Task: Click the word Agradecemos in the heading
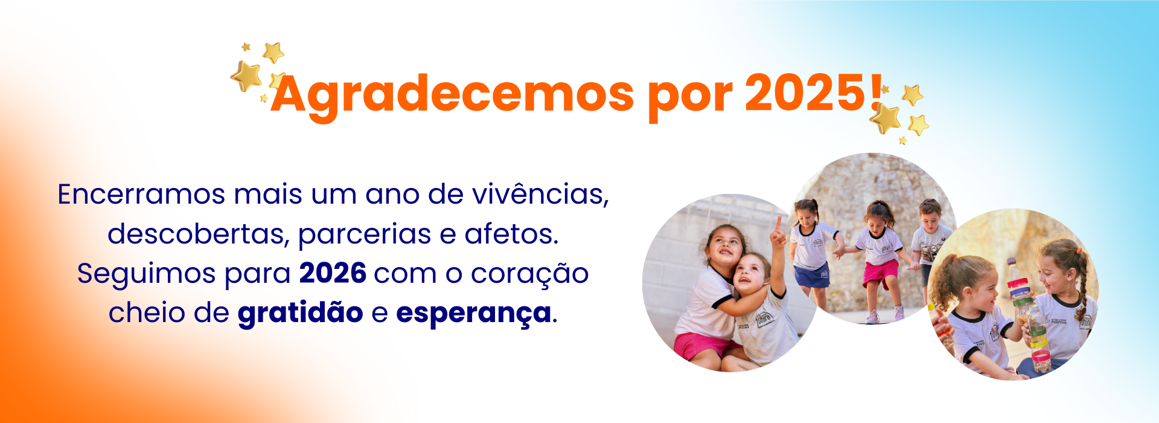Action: pos(452,95)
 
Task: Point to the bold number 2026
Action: pos(333,273)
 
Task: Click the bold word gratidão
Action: pos(300,313)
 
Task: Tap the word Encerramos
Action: pos(141,195)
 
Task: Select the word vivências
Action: pos(540,195)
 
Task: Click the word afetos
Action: pos(511,234)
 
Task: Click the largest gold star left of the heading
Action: pos(246,76)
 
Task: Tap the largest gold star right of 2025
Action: pos(886,118)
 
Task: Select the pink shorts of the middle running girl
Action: pos(880,273)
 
